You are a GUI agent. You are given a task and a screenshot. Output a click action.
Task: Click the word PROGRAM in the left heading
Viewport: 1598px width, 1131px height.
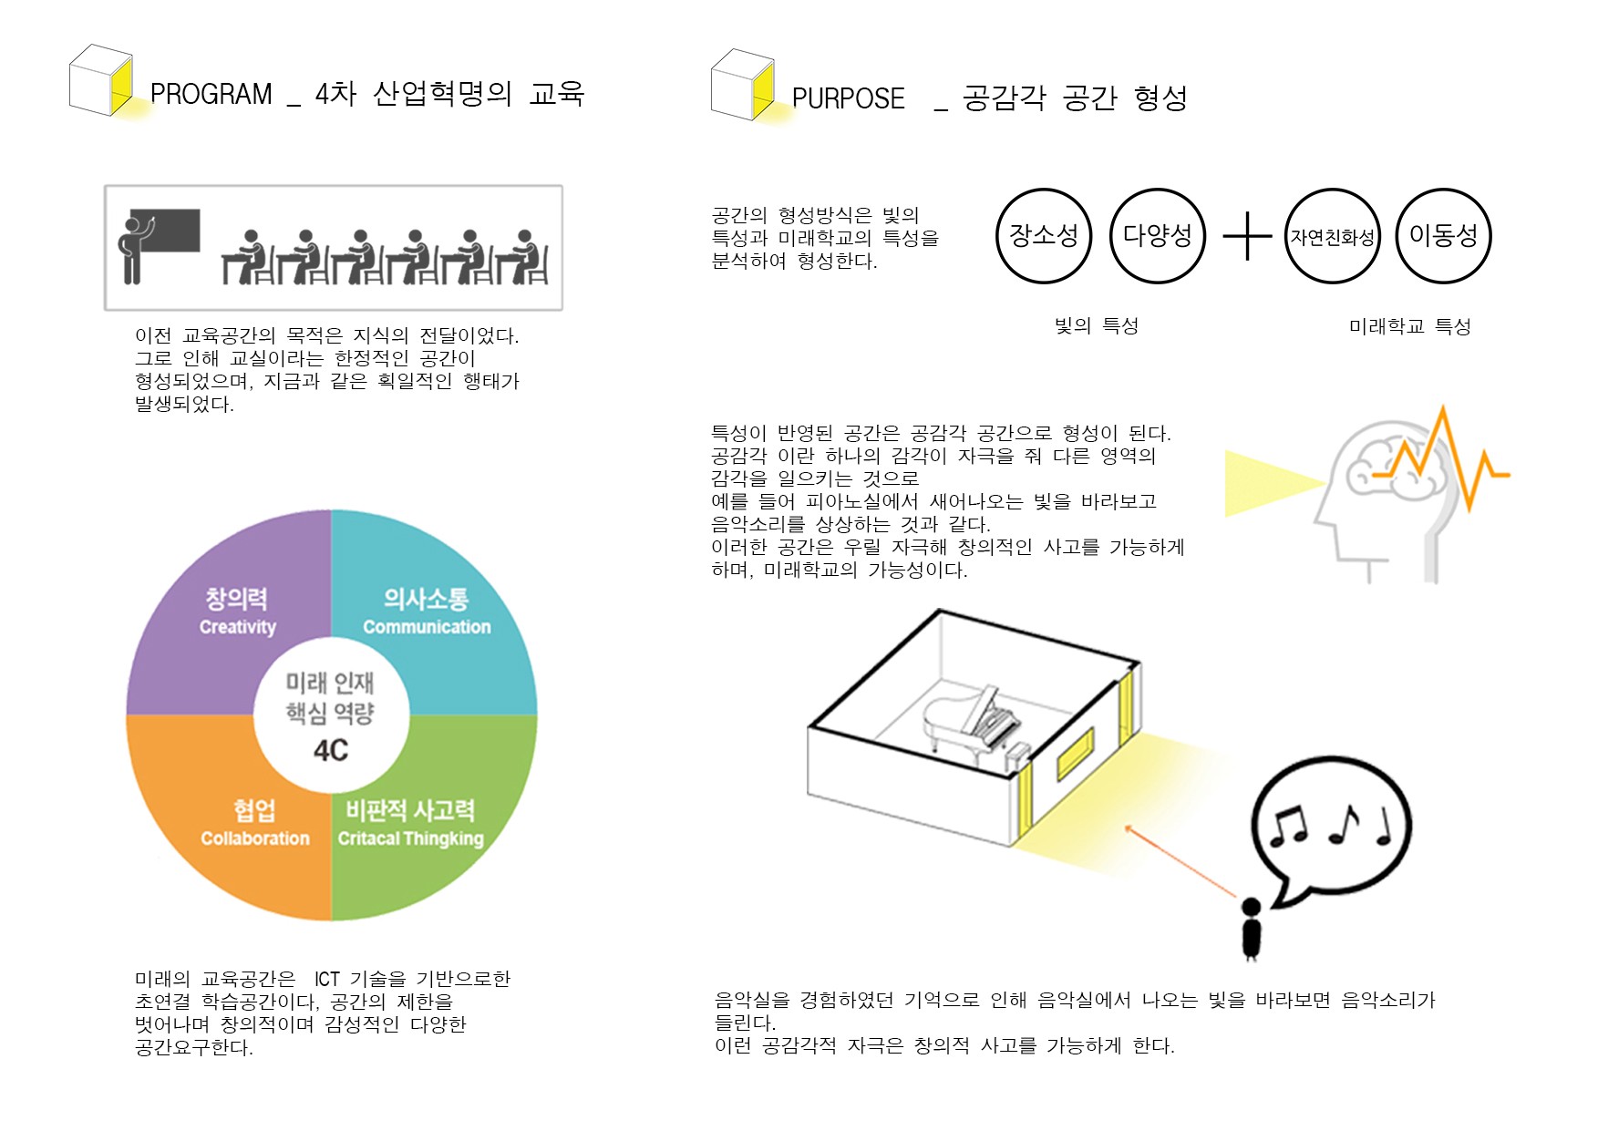point(211,95)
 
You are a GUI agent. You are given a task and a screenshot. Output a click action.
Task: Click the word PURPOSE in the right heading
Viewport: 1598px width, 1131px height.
point(848,99)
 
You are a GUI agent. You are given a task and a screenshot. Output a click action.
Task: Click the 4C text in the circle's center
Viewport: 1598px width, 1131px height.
point(331,751)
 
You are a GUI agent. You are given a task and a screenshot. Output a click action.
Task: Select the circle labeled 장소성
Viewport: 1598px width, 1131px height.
point(1044,236)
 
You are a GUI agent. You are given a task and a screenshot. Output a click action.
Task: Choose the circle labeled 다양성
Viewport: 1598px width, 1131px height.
point(1157,236)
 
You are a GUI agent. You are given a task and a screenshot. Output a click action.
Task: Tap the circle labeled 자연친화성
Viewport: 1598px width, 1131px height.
point(1332,237)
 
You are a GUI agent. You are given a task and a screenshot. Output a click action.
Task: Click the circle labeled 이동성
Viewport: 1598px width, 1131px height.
point(1443,236)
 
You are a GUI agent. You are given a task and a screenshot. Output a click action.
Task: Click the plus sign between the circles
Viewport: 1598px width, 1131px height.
point(1246,237)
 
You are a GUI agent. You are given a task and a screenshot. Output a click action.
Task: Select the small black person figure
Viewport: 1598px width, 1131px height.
point(1252,930)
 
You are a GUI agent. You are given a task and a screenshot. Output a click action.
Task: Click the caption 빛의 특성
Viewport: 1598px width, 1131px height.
point(1096,326)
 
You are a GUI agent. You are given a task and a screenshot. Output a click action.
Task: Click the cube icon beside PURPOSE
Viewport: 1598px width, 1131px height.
point(742,85)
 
